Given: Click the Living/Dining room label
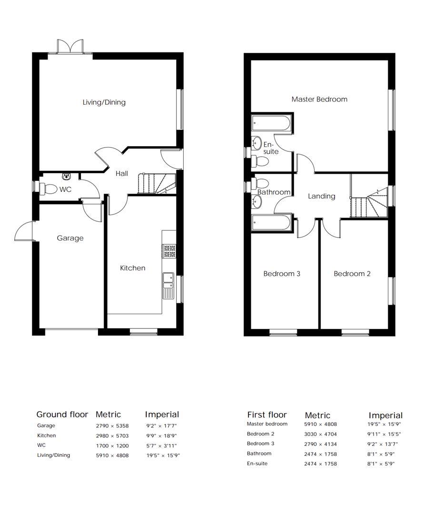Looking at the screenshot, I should click(104, 102).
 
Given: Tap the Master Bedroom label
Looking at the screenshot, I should click(319, 99).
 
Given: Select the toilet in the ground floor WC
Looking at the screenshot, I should click(49, 189).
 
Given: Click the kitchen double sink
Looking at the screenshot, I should click(168, 285).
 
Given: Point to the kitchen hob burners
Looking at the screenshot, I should click(169, 251).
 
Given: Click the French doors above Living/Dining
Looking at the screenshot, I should click(70, 47).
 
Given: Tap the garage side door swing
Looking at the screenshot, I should click(24, 233).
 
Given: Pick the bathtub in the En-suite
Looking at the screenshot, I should click(271, 124).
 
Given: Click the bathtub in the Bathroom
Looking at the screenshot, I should click(271, 223).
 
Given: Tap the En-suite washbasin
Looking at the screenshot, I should click(257, 142).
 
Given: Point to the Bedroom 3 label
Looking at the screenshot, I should click(282, 274).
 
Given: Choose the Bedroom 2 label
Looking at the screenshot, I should click(352, 274).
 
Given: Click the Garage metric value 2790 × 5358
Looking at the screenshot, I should click(112, 426).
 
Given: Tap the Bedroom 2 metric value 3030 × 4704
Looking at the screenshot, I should click(320, 434).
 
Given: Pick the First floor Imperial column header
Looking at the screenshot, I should click(385, 415).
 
